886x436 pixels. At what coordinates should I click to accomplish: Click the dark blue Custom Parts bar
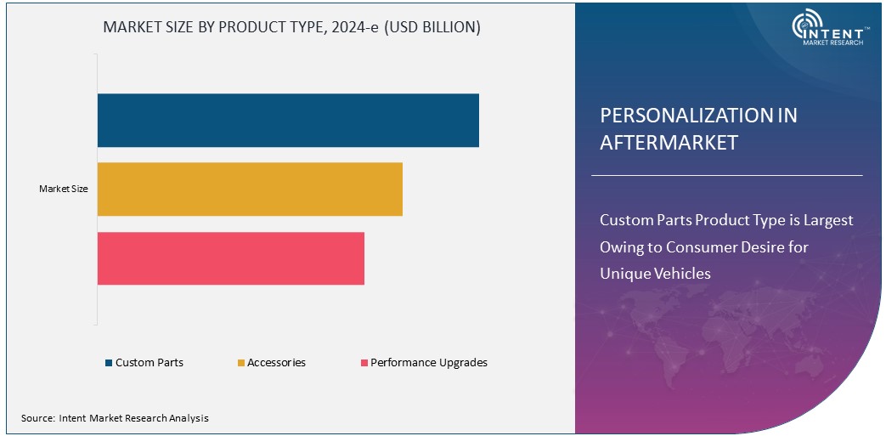pos(288,121)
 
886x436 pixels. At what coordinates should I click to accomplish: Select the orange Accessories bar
pos(250,190)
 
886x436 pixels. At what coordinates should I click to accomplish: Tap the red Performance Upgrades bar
pos(230,258)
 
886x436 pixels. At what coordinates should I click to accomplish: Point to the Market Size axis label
pos(64,190)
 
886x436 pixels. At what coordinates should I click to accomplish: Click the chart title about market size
pos(291,27)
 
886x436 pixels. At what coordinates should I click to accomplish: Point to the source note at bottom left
pos(115,418)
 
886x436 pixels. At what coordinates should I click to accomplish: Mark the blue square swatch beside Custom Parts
pos(109,364)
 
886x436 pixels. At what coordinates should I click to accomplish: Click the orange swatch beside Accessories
pos(240,364)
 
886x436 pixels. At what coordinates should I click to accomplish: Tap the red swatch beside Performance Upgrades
pos(364,364)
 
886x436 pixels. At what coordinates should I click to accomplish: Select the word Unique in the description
pos(624,274)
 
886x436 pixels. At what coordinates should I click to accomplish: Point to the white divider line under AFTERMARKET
pos(726,176)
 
